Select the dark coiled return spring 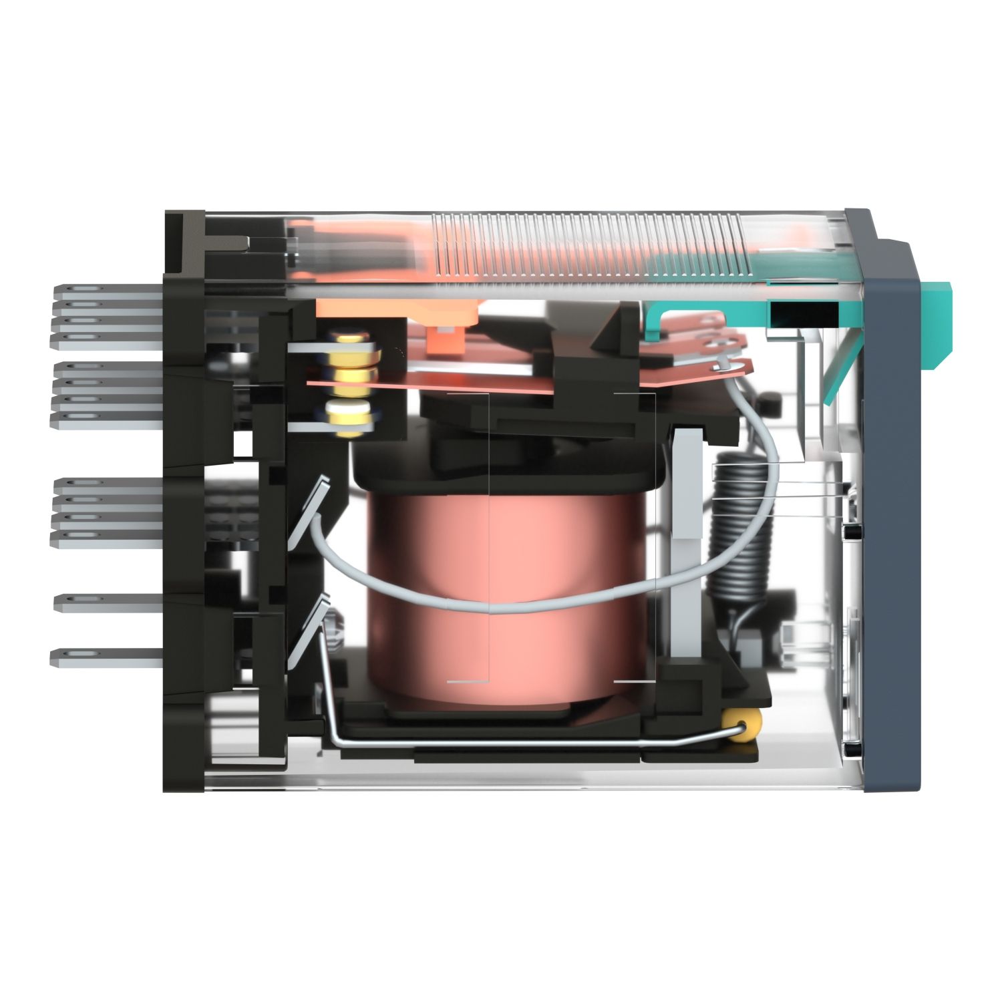pos(738,528)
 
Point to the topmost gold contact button pos(351,341)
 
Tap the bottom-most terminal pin pos(107,657)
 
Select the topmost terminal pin pos(107,291)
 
